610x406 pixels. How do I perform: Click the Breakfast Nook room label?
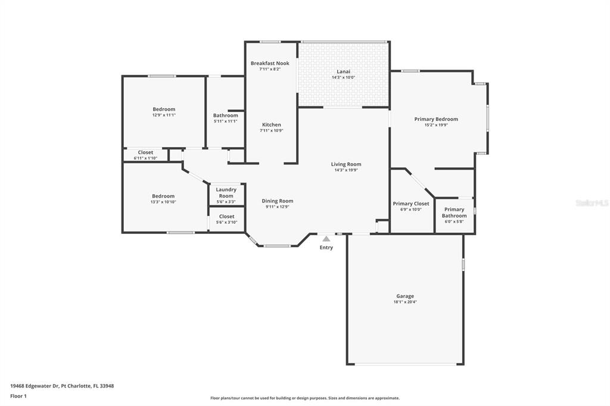pos(270,63)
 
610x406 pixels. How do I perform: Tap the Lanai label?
pos(343,71)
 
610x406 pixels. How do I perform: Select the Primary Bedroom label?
pos(436,119)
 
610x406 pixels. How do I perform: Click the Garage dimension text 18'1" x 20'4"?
pos(405,302)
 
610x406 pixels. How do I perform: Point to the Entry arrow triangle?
pos(326,239)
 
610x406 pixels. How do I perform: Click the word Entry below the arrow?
pos(326,247)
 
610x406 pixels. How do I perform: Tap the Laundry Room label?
pos(226,192)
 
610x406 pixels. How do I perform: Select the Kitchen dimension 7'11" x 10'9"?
pos(272,130)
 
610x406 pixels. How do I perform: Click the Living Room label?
pos(346,164)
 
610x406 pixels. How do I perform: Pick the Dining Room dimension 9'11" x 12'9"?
pos(278,207)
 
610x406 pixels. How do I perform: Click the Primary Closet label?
pos(411,204)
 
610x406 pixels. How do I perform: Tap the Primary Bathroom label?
pos(454,213)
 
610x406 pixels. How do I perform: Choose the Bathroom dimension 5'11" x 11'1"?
pos(226,121)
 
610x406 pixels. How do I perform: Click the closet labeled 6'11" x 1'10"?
pos(145,158)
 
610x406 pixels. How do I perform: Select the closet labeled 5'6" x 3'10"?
pos(227,223)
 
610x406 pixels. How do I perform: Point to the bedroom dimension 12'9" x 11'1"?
pos(164,115)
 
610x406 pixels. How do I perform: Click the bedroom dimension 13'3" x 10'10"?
pos(163,202)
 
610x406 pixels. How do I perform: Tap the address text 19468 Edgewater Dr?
pos(35,386)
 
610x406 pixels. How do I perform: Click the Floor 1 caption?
pos(18,396)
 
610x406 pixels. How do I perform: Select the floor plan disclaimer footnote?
pos(305,398)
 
